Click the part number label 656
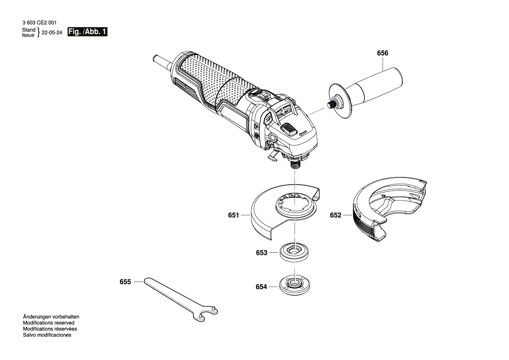382,53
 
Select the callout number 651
233,215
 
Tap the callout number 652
335,215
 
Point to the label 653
261,253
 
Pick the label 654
261,287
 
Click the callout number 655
125,282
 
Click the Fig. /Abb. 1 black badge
88,32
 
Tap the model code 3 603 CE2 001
39,22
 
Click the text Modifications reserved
48,323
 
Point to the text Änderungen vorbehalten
51,317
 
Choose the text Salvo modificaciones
47,335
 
